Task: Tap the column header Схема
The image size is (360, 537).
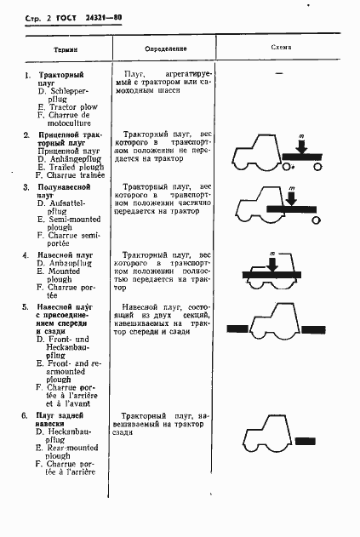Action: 282,47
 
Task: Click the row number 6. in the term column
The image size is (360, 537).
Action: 27,414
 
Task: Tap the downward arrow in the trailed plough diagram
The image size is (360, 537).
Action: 300,146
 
